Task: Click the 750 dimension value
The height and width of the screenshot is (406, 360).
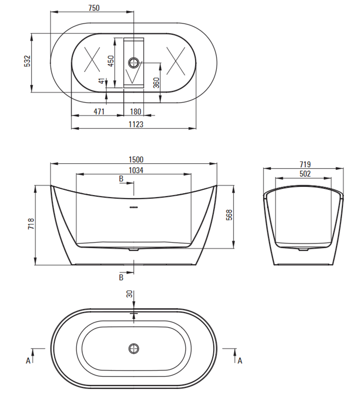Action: (94, 8)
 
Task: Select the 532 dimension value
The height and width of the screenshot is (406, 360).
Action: (27, 61)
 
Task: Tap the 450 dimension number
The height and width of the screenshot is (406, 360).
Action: (111, 61)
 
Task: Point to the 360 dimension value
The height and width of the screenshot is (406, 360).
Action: (156, 83)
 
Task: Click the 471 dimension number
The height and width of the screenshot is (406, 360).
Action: (99, 111)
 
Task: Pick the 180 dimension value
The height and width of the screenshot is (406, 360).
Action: (136, 111)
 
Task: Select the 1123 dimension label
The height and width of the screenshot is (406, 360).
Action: (136, 124)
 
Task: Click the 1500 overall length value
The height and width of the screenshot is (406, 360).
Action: (136, 159)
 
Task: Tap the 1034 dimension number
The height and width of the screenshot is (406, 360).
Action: (136, 170)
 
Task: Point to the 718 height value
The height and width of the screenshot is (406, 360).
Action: (30, 223)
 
